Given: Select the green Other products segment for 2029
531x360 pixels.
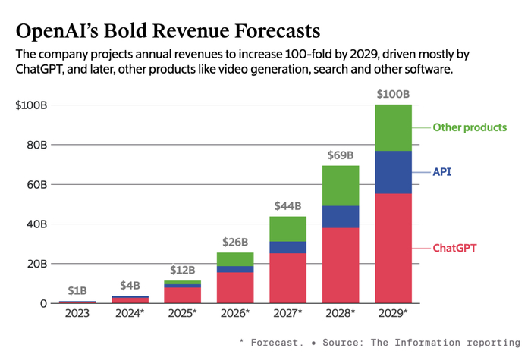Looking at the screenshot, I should pyautogui.click(x=393, y=127).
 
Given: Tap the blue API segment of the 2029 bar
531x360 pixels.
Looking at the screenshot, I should pyautogui.click(x=393, y=172).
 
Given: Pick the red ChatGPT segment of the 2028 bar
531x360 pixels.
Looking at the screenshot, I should pyautogui.click(x=341, y=265).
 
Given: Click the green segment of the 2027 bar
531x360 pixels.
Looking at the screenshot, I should pyautogui.click(x=288, y=229).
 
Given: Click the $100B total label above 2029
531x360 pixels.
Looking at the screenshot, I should pyautogui.click(x=393, y=95).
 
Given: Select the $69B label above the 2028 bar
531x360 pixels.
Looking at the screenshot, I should pyautogui.click(x=341, y=155).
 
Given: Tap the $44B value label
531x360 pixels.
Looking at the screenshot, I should pyautogui.click(x=288, y=205).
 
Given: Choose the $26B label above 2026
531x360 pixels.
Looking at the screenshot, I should pyautogui.click(x=235, y=243).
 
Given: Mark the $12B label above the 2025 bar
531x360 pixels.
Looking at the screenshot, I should pyautogui.click(x=183, y=270).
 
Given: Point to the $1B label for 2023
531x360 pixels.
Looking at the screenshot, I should pyautogui.click(x=77, y=291).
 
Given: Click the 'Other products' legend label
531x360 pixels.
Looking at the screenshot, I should pyautogui.click(x=470, y=127).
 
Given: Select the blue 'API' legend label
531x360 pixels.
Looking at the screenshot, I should pyautogui.click(x=442, y=172).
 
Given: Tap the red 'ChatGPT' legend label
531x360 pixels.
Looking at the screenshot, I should pyautogui.click(x=458, y=248).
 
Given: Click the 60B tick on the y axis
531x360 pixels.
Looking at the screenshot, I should pyautogui.click(x=36, y=184).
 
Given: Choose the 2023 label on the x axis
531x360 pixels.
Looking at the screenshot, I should pyautogui.click(x=77, y=313).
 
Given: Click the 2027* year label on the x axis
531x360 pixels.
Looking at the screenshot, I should pyautogui.click(x=288, y=313).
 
